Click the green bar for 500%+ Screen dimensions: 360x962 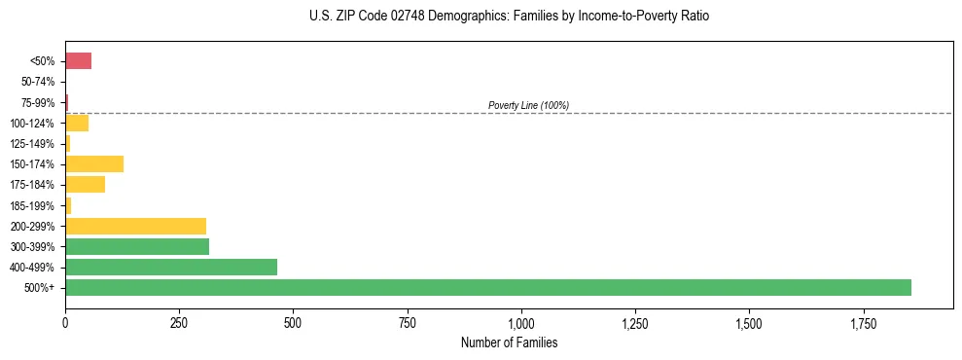click(x=487, y=287)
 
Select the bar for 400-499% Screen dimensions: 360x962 click(x=171, y=267)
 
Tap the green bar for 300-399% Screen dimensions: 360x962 click(x=137, y=246)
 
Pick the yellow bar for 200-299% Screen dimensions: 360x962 click(x=135, y=226)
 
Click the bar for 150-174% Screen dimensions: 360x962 click(x=94, y=163)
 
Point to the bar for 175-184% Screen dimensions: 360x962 click(x=85, y=184)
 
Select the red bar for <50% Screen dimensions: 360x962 click(x=78, y=61)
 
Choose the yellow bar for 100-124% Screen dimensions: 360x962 click(x=77, y=123)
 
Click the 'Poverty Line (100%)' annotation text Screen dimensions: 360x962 click(x=528, y=105)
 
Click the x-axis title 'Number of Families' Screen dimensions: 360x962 click(x=510, y=342)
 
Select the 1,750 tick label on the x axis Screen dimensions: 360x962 click(x=749, y=322)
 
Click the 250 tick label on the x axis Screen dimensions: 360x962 click(x=179, y=322)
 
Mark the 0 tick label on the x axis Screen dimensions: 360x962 click(x=65, y=322)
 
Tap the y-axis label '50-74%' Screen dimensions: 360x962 click(x=38, y=83)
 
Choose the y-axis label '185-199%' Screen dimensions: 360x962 click(x=33, y=205)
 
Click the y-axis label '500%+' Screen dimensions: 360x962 click(x=40, y=288)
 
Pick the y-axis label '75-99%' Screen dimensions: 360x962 click(x=38, y=103)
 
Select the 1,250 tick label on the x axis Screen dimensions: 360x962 click(x=635, y=322)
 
